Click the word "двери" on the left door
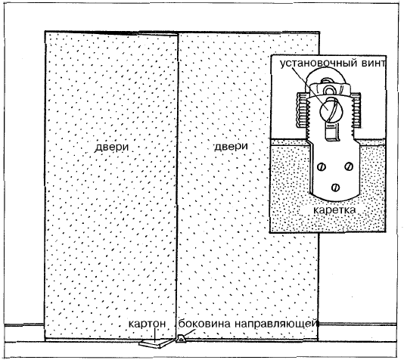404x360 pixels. click(112, 147)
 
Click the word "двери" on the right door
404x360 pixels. click(231, 147)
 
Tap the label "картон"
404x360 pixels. click(147, 324)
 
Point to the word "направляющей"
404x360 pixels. click(275, 324)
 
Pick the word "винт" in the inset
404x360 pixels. click(373, 63)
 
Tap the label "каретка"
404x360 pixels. click(334, 209)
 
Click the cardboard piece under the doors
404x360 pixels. click(154, 343)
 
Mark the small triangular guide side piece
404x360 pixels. click(181, 339)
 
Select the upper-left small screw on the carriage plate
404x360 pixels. click(322, 167)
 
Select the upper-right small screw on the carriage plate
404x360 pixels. click(349, 166)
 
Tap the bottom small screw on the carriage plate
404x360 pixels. click(335, 188)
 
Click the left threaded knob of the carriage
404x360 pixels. click(302, 110)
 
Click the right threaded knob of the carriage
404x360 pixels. click(356, 110)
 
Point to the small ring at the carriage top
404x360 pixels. click(330, 90)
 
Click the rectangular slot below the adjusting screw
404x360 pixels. click(331, 132)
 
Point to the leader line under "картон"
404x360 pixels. click(155, 335)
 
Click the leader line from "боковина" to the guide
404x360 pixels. click(188, 334)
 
